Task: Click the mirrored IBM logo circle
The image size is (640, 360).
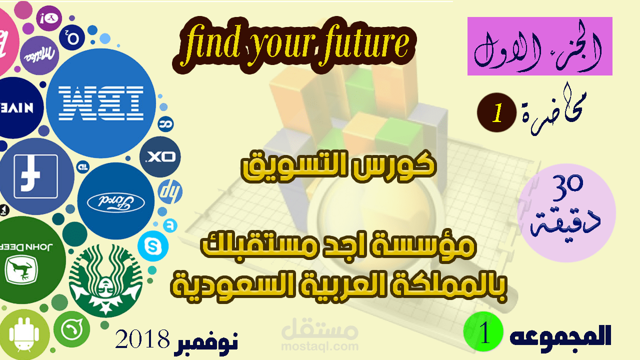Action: [104, 103]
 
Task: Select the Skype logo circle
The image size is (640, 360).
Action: [153, 246]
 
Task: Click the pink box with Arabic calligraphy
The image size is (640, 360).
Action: [539, 46]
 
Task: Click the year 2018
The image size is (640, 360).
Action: [142, 339]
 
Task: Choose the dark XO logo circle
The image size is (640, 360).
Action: [159, 157]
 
